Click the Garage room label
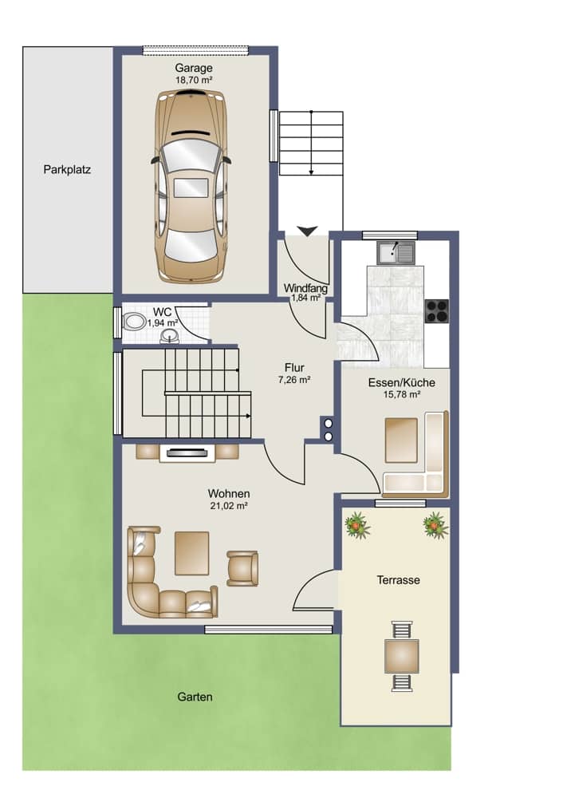(x=194, y=68)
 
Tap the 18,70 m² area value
(x=194, y=80)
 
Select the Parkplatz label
(x=67, y=169)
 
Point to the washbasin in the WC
(x=169, y=335)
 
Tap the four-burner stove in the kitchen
(x=437, y=311)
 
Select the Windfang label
(x=305, y=288)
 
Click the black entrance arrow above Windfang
(x=308, y=231)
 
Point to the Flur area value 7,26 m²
(x=294, y=379)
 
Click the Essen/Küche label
(x=402, y=383)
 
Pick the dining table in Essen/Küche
(x=401, y=440)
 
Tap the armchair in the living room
(x=242, y=568)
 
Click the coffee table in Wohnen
(x=191, y=553)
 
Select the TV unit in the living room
(x=187, y=452)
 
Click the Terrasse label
(x=398, y=580)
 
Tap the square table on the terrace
(x=402, y=657)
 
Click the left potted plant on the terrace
(x=357, y=526)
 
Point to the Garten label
(x=195, y=697)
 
